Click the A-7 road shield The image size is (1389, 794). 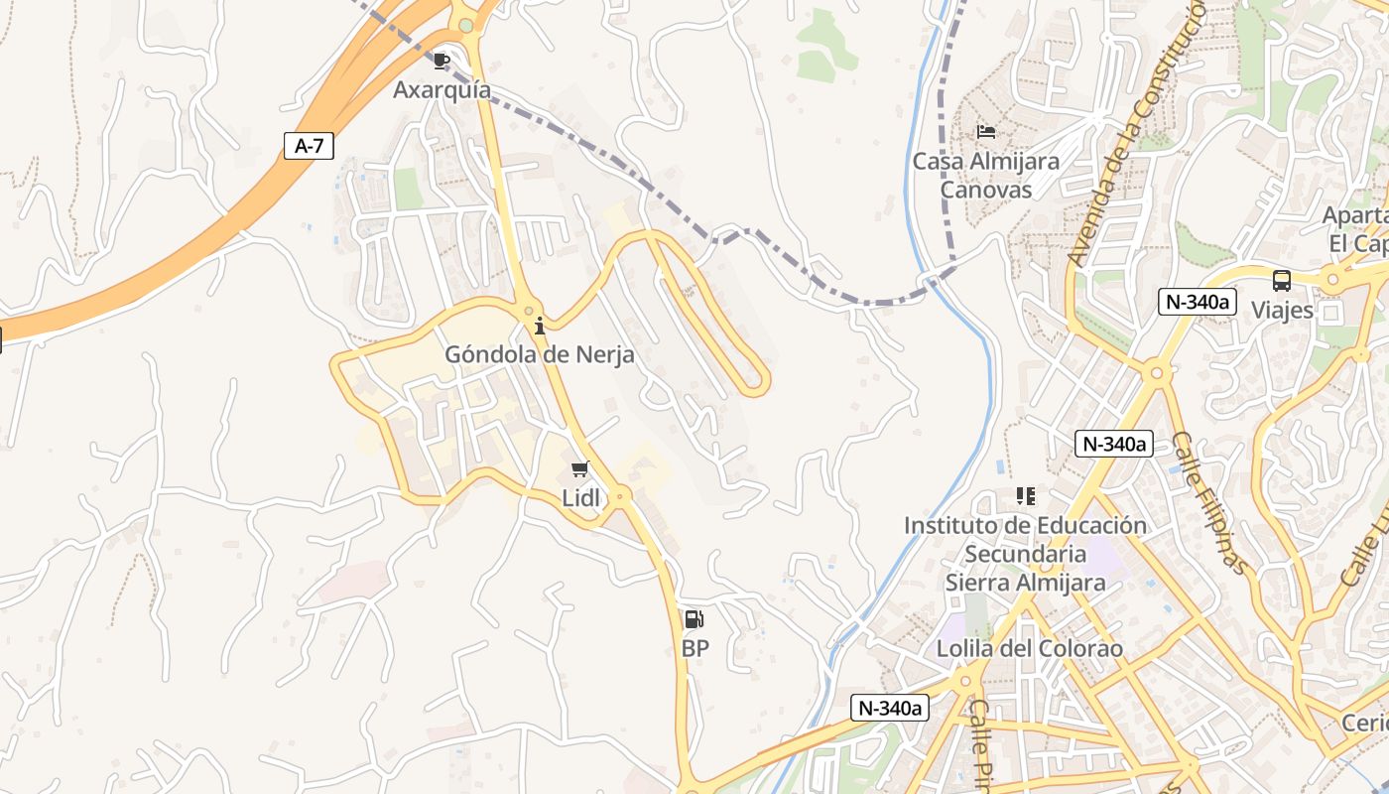point(310,146)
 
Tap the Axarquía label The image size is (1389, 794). point(442,89)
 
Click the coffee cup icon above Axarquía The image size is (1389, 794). point(442,62)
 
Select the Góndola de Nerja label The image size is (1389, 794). point(540,354)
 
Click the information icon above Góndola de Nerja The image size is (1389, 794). point(540,326)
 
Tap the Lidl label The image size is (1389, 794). point(581,498)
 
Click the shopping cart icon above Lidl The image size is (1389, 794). point(580,469)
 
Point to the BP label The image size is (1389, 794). point(694,649)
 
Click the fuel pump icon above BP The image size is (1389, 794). point(694,620)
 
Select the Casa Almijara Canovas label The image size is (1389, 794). point(985,175)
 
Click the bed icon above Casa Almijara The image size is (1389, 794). point(985,131)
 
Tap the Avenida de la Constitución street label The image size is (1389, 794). point(1137,134)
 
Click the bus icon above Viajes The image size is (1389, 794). point(1282,281)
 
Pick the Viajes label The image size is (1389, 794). point(1282,311)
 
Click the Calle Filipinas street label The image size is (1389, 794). point(1209,502)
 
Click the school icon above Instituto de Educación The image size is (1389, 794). point(1025,495)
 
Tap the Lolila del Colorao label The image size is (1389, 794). point(1029,649)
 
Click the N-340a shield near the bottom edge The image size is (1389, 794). point(890,708)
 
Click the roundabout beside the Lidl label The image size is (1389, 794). point(621,493)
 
